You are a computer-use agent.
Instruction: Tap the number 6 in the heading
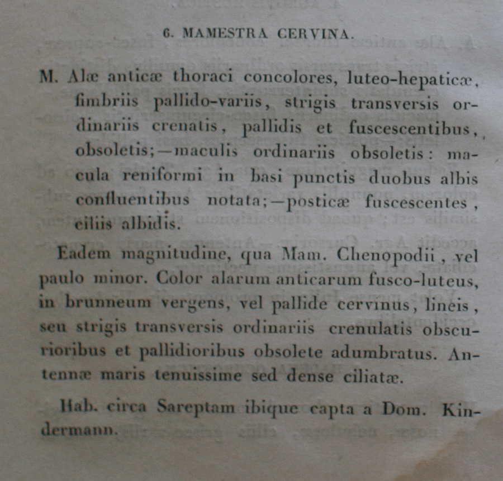click(x=166, y=33)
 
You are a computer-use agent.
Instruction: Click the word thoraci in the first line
click(x=204, y=76)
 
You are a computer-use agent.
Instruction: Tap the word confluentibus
click(x=132, y=201)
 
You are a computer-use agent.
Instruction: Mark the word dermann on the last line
click(x=78, y=430)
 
